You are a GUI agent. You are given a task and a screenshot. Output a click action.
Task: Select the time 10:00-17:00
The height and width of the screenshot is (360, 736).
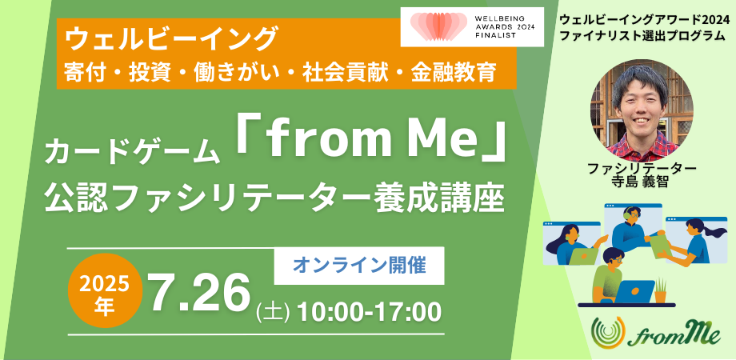(369, 310)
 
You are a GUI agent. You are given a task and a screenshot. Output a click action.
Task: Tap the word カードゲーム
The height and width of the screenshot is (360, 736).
(133, 150)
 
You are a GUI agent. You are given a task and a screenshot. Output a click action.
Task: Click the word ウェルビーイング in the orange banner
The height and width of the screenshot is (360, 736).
(171, 38)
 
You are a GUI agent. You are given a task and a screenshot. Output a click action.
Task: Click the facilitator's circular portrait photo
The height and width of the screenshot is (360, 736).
(642, 109)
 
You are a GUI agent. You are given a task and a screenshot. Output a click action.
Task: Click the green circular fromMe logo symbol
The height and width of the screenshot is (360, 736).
(608, 334)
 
